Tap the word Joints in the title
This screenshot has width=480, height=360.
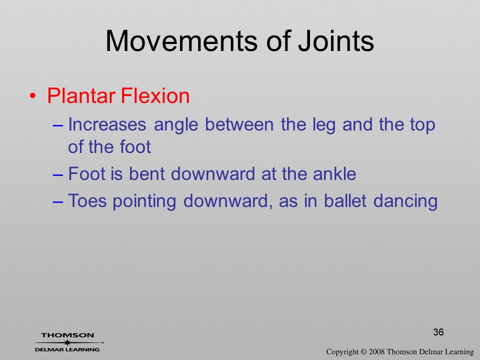336,41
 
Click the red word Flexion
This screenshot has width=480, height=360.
155,96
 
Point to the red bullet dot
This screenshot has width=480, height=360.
32,96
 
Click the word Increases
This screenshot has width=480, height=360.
107,124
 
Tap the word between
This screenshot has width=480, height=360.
239,124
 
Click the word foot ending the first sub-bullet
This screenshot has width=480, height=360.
135,147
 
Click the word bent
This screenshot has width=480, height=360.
147,174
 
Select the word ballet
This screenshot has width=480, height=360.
345,201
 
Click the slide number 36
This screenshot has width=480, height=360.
438,332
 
